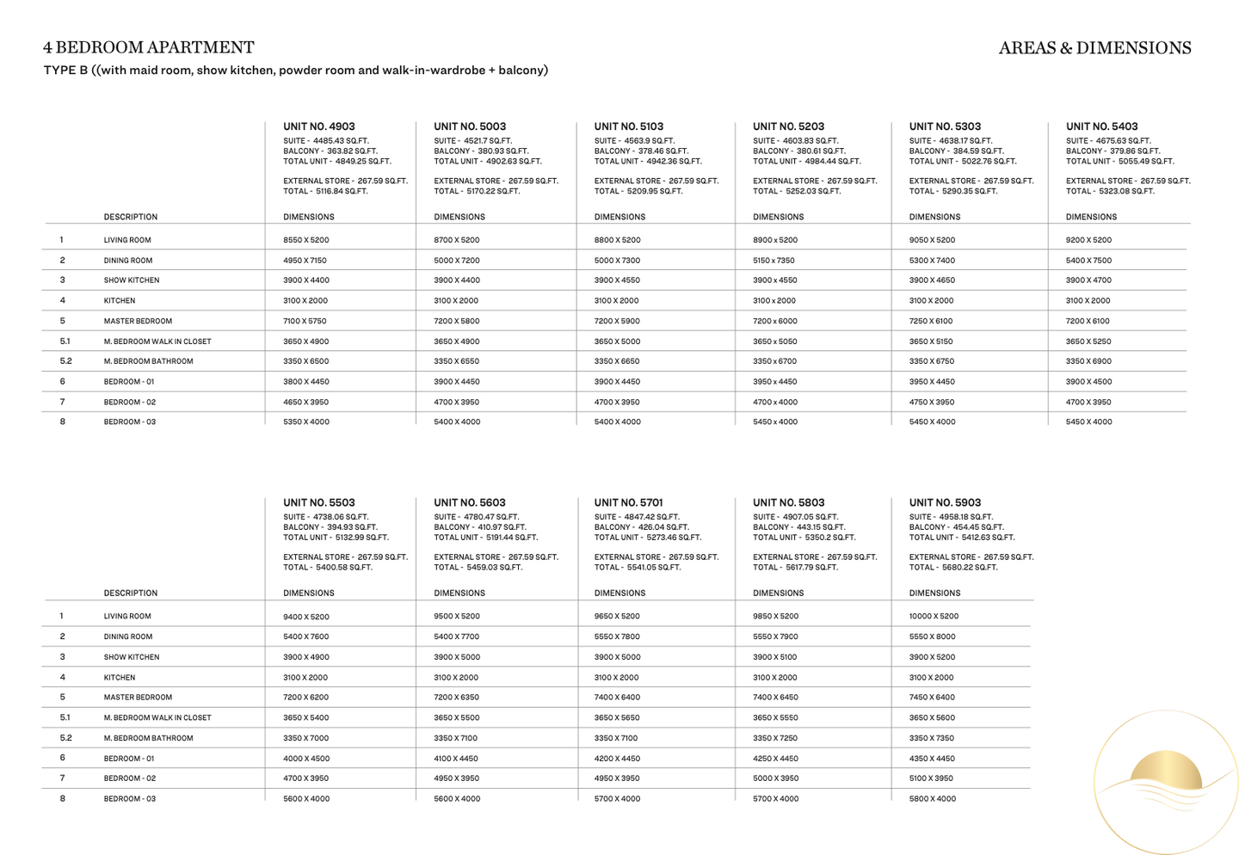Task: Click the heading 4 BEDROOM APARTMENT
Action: pos(149,47)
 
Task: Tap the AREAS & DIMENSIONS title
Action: pos(1094,48)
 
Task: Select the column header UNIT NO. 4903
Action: pos(319,126)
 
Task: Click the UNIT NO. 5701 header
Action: pos(629,502)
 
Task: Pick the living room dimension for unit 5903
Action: pos(934,617)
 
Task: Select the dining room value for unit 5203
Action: pos(774,261)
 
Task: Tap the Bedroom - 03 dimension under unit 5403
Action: pos(1088,421)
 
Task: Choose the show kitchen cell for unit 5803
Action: pos(775,657)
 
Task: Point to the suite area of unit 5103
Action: pos(634,141)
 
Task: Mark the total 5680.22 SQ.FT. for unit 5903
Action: pos(953,568)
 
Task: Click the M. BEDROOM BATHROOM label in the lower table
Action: pos(148,738)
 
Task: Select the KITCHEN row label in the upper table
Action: pos(120,301)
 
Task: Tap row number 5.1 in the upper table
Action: pos(65,341)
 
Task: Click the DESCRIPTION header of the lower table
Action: pos(131,594)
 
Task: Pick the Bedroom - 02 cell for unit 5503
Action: pos(305,778)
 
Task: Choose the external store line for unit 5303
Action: pos(971,181)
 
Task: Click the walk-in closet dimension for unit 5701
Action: pos(617,717)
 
